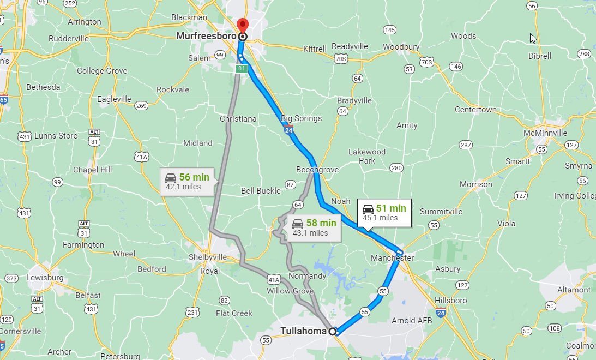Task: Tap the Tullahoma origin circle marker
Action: click(332, 331)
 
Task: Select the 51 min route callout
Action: click(384, 213)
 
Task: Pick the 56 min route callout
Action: click(187, 182)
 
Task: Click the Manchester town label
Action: click(392, 257)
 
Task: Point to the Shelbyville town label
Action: click(207, 257)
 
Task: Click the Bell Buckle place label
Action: click(261, 191)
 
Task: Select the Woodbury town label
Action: click(401, 47)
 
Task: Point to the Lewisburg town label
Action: click(45, 278)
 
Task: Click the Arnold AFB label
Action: click(412, 320)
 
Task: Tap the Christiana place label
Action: click(238, 119)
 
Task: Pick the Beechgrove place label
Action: click(317, 170)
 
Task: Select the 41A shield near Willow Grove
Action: click(274, 280)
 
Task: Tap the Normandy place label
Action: click(308, 276)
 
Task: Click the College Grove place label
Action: click(102, 71)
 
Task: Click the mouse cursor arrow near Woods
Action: click(533, 38)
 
